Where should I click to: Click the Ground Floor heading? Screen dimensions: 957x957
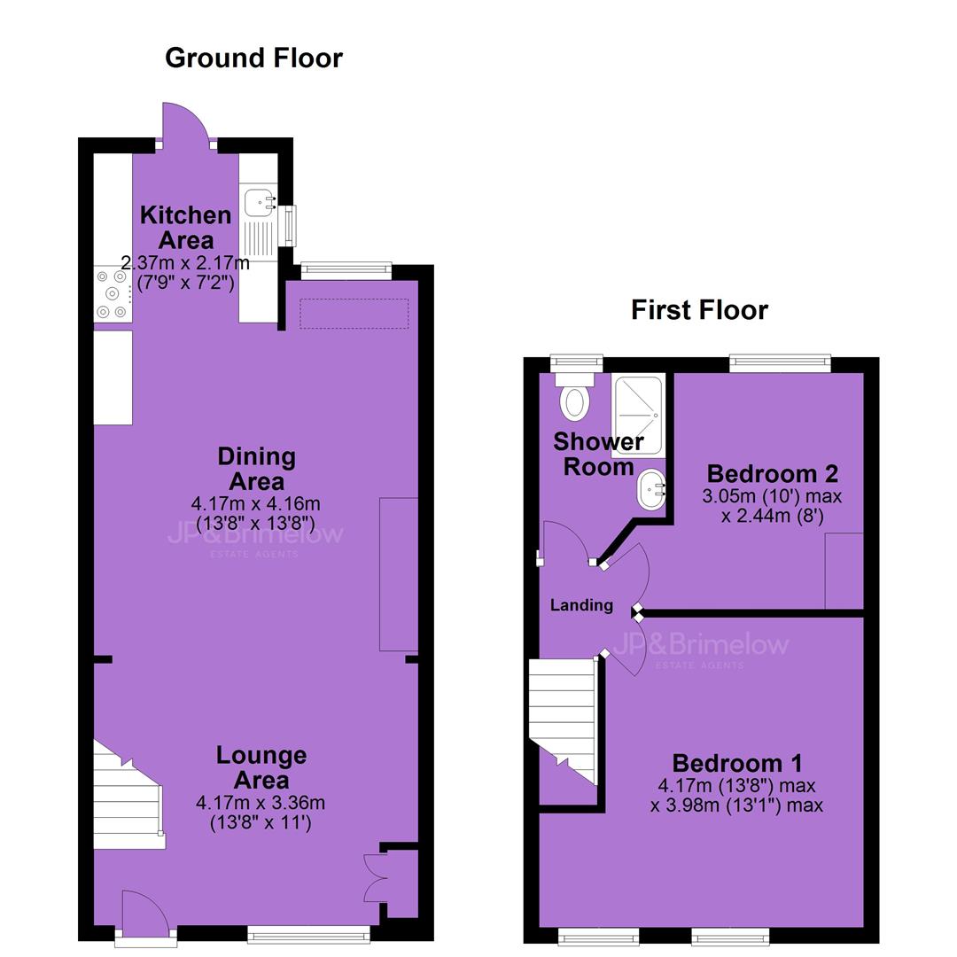[x=254, y=58]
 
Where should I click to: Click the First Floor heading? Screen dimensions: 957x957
[x=699, y=310]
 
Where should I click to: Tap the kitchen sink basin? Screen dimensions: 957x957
[x=260, y=202]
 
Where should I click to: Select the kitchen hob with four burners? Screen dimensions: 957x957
[x=113, y=294]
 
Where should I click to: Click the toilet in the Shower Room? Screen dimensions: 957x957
[x=574, y=397]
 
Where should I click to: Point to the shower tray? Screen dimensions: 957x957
[x=637, y=416]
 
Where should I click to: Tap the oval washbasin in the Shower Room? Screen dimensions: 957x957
[x=651, y=489]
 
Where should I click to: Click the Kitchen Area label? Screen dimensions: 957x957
[x=185, y=228]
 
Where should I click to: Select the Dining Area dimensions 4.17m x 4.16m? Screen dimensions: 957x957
[x=256, y=504]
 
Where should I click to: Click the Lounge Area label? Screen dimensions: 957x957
[x=261, y=767]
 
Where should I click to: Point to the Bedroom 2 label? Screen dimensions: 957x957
[x=772, y=473]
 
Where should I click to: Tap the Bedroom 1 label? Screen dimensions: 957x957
[x=736, y=763]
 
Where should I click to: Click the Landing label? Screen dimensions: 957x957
[x=581, y=605]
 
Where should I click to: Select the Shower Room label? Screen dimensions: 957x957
[x=598, y=454]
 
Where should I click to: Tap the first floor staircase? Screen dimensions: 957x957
[x=562, y=721]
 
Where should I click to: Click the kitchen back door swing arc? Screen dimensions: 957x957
[x=186, y=112]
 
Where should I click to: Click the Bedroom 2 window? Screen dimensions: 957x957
[x=780, y=364]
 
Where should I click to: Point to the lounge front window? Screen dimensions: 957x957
[x=309, y=934]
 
